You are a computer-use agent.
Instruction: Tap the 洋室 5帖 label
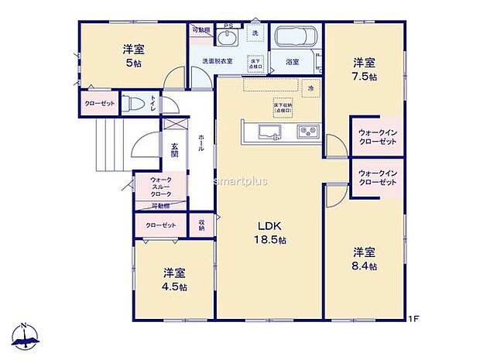132,55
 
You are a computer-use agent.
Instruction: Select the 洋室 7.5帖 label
365,69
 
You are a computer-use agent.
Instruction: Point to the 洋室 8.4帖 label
365,259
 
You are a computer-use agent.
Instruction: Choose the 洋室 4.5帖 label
174,279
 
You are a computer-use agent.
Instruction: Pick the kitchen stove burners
309,131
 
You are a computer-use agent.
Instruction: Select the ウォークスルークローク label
162,187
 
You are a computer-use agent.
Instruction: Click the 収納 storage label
201,225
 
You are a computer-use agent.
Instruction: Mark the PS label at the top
228,26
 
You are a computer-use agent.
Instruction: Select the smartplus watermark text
241,181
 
